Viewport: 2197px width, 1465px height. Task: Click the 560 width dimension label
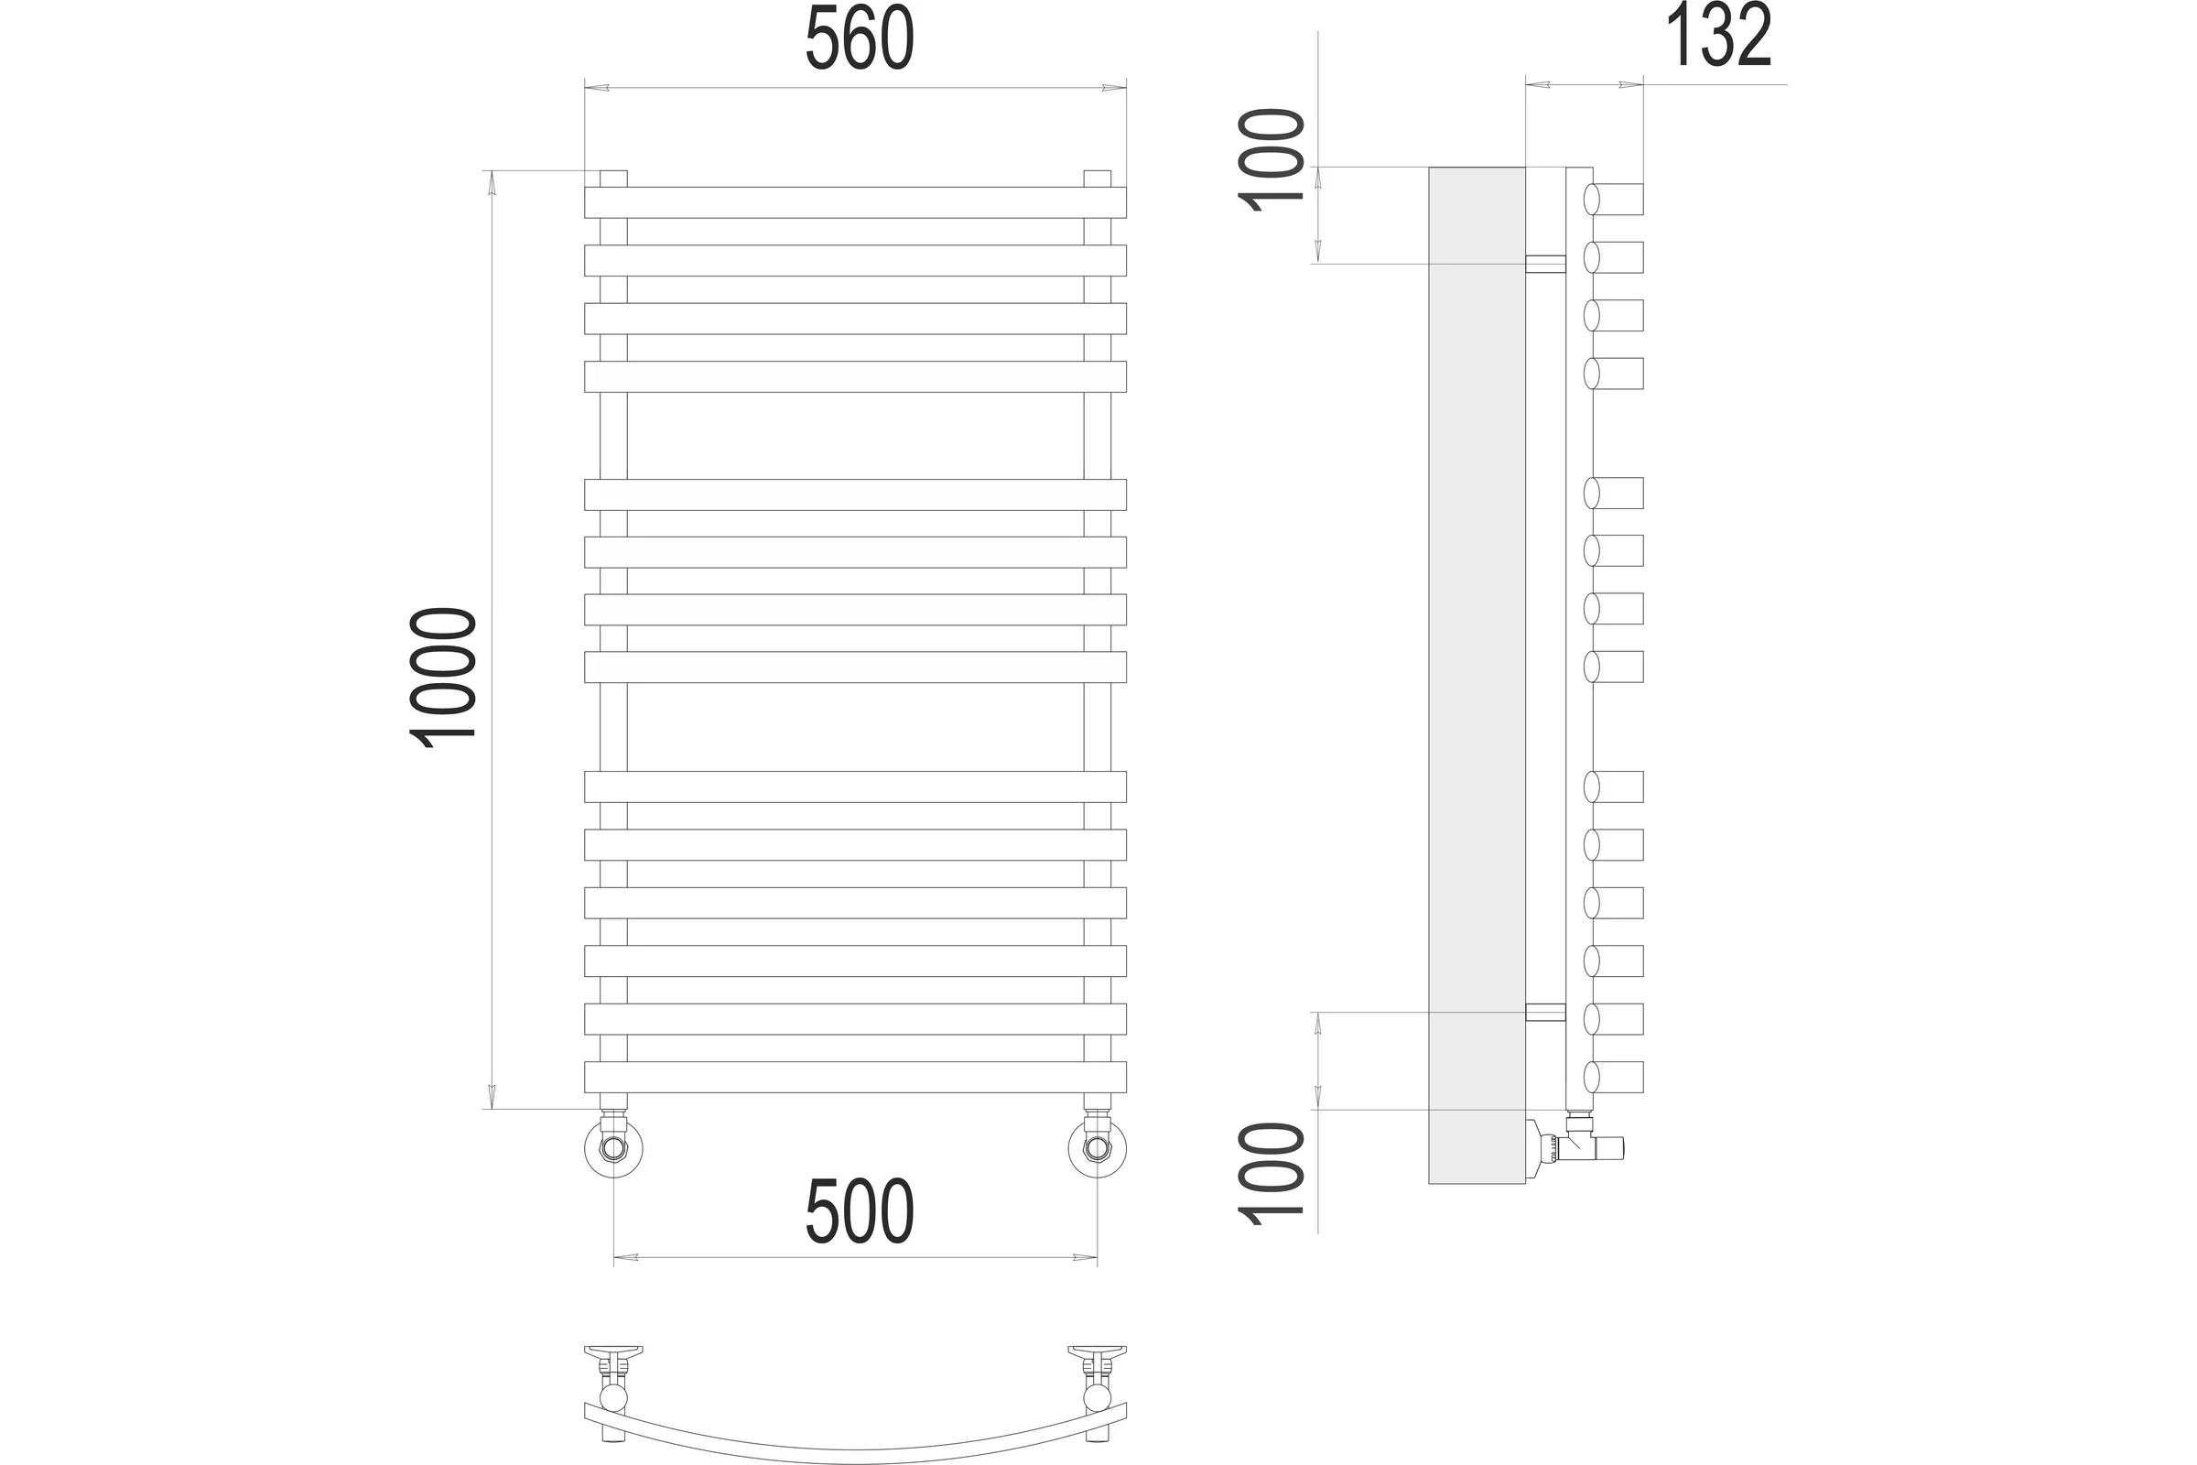pyautogui.click(x=860, y=38)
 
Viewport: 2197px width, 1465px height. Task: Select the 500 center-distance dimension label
pyautogui.click(x=860, y=1210)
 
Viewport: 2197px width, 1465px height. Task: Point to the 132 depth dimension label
pyautogui.click(x=1719, y=36)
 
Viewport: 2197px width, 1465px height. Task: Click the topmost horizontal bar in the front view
pyautogui.click(x=855, y=202)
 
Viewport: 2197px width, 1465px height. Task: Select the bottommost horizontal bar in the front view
pyautogui.click(x=855, y=1078)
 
